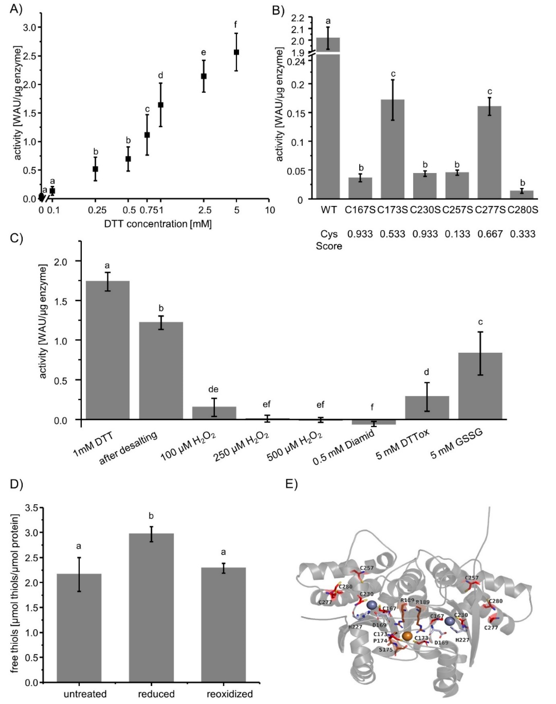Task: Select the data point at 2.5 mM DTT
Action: [204, 76]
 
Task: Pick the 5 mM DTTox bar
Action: [427, 408]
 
